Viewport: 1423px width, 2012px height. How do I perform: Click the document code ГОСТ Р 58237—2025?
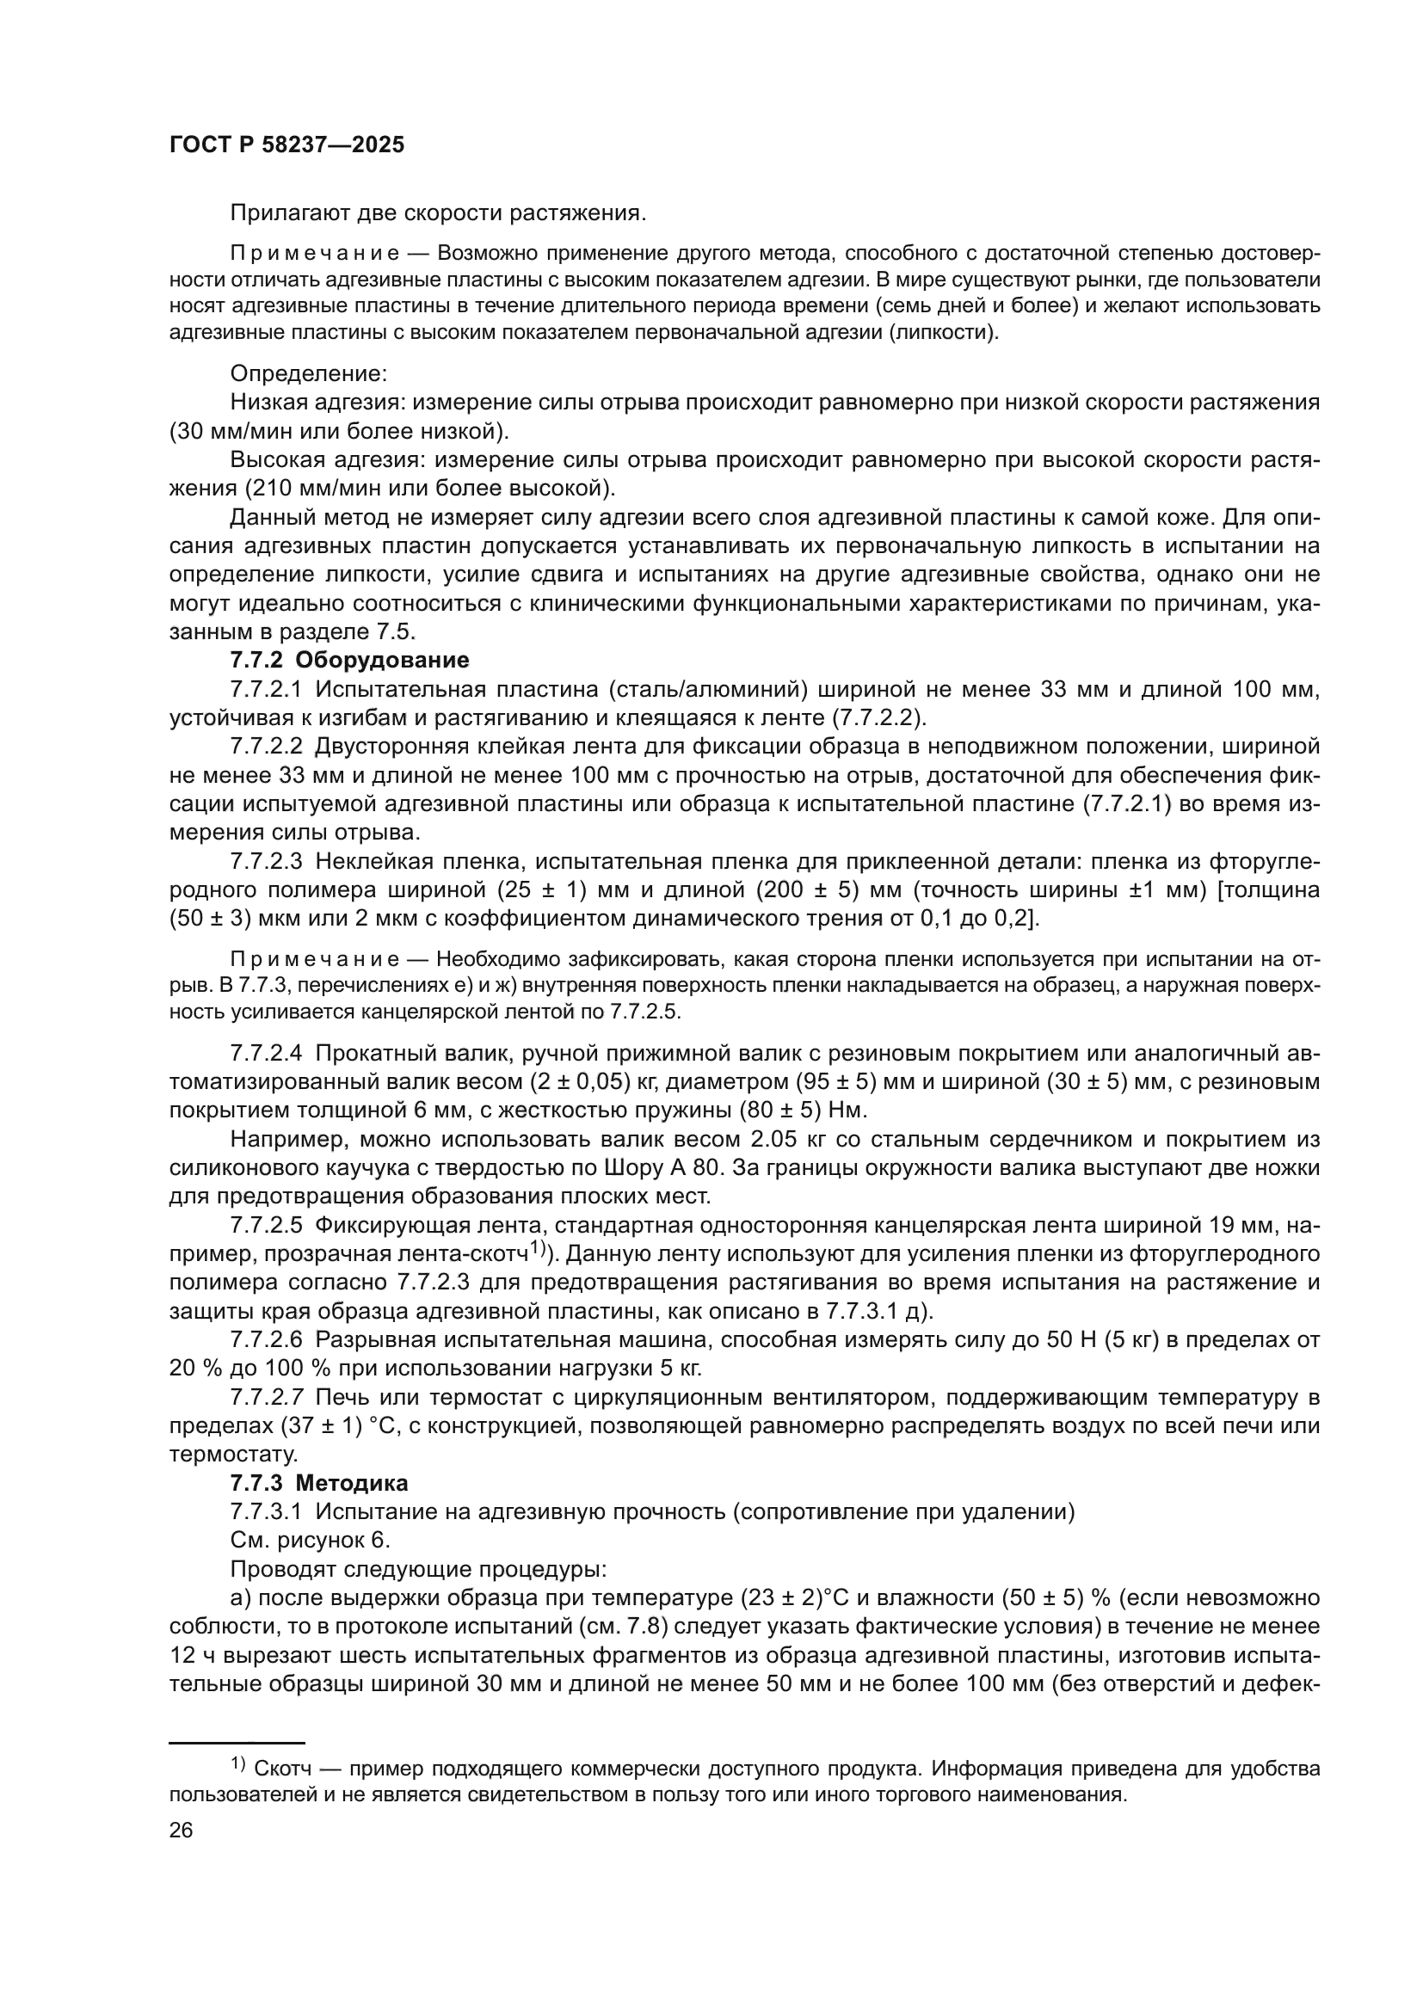point(286,145)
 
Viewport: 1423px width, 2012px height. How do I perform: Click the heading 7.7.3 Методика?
point(319,1484)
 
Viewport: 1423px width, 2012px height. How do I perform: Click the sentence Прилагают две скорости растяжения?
point(438,213)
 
